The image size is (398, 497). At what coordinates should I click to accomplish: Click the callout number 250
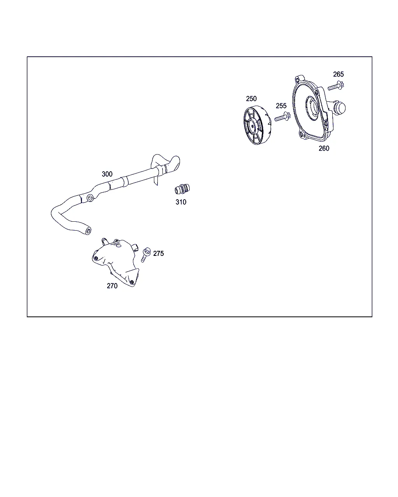pyautogui.click(x=251, y=99)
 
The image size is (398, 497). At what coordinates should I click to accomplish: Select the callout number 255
pyautogui.click(x=281, y=106)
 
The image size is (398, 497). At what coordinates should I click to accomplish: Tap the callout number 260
pyautogui.click(x=324, y=148)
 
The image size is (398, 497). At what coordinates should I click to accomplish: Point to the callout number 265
pyautogui.click(x=338, y=74)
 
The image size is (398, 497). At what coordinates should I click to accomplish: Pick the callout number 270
pyautogui.click(x=112, y=286)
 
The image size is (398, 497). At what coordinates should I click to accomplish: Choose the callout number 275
pyautogui.click(x=158, y=253)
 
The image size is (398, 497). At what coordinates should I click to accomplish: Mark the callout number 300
pyautogui.click(x=107, y=174)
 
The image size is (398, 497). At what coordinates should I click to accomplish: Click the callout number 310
pyautogui.click(x=181, y=202)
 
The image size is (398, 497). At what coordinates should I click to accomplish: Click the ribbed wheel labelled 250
pyautogui.click(x=257, y=125)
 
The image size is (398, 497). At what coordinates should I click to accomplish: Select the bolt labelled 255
pyautogui.click(x=282, y=117)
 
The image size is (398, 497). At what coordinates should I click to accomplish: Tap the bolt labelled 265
pyautogui.click(x=336, y=86)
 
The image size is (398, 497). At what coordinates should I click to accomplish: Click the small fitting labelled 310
pyautogui.click(x=182, y=189)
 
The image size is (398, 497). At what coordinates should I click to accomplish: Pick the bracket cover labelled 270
pyautogui.click(x=116, y=262)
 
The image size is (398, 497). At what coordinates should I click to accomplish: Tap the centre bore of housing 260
pyautogui.click(x=312, y=108)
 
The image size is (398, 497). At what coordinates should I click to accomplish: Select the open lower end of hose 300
pyautogui.click(x=88, y=231)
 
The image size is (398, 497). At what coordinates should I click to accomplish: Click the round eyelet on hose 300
pyautogui.click(x=90, y=198)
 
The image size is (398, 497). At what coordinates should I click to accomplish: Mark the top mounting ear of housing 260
pyautogui.click(x=300, y=78)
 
